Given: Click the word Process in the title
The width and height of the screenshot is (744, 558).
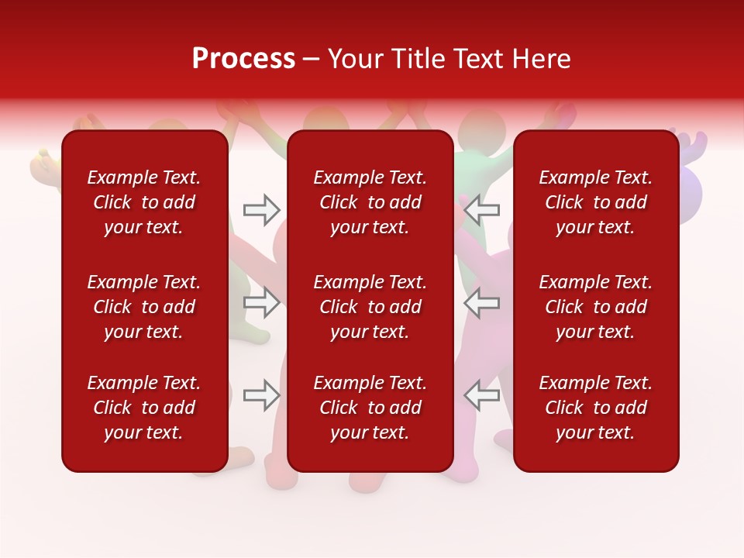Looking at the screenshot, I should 243,59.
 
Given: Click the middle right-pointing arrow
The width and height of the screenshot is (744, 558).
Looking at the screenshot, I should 262,302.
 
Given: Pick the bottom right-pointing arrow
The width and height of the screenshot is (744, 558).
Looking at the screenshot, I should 262,394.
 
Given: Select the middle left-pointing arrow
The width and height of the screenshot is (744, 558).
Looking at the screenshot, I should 481,302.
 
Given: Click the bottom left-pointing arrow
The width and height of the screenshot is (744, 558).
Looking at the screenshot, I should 481,394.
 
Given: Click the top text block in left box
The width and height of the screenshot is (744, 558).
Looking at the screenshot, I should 144,202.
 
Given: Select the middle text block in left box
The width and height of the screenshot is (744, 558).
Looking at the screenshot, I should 144,307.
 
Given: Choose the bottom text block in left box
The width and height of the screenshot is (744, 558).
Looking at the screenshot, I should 144,408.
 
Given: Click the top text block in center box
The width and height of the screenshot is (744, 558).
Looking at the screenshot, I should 370,202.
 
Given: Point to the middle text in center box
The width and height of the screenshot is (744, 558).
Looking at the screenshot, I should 370,307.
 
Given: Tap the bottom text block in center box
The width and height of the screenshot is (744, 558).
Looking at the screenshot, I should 370,408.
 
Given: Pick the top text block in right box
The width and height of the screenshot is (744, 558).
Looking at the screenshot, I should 596,202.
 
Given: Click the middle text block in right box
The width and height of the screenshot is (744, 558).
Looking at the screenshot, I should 596,307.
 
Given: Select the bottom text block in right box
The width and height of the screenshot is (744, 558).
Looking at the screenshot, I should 596,408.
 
